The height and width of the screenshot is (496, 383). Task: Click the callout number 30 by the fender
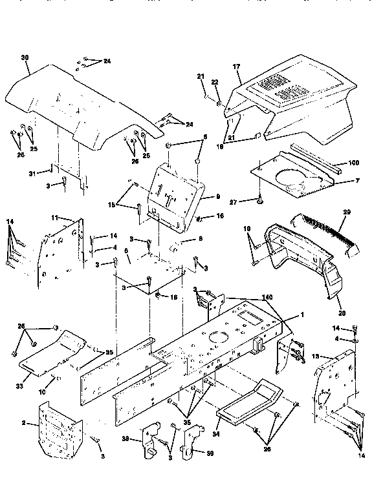tap(25, 58)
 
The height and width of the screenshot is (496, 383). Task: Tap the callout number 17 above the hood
tap(237, 66)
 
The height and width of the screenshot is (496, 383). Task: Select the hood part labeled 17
tap(298, 103)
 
